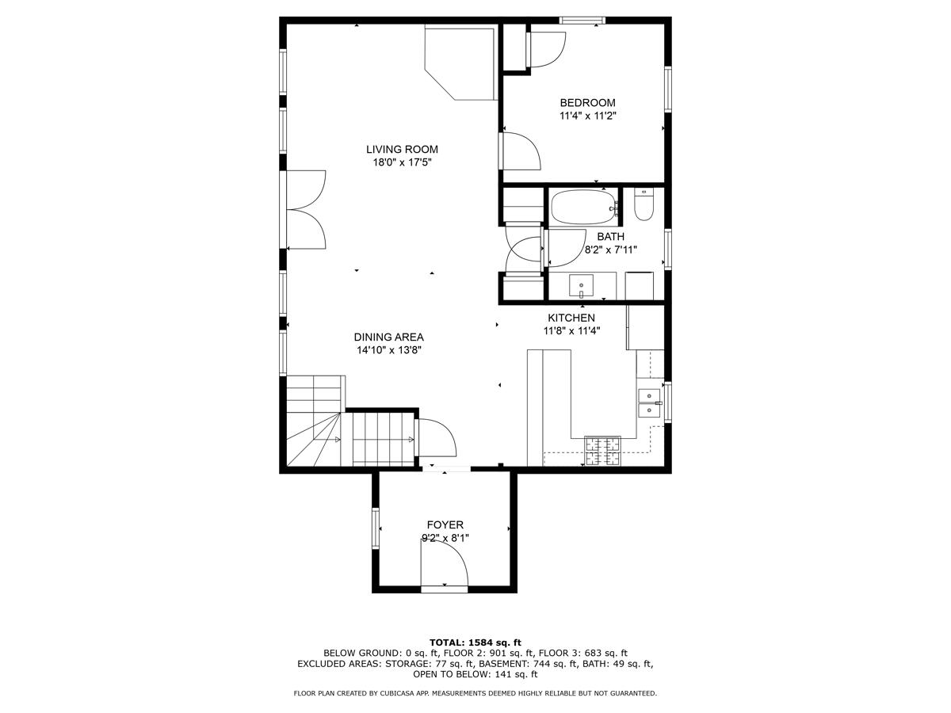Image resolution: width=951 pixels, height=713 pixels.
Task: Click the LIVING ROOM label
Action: point(402,149)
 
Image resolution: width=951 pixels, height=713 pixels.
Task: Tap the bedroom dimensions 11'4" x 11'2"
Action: point(587,116)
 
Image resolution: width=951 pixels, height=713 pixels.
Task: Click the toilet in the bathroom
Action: point(643,205)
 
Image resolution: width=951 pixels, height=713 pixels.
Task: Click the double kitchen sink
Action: point(650,402)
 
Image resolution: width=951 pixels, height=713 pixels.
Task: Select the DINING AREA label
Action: point(388,337)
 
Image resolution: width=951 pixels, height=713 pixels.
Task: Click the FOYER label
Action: point(445,524)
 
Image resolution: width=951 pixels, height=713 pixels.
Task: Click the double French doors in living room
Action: point(305,210)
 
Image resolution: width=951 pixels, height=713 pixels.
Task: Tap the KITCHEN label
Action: point(571,318)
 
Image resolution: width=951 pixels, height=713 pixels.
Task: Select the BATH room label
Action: point(610,236)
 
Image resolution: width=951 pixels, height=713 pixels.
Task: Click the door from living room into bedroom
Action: point(519,151)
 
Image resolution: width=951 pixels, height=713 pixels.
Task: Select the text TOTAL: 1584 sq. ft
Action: point(475,642)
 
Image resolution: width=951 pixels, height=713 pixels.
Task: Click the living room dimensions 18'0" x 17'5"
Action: point(402,162)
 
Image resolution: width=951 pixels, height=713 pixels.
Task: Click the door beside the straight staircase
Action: point(434,437)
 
